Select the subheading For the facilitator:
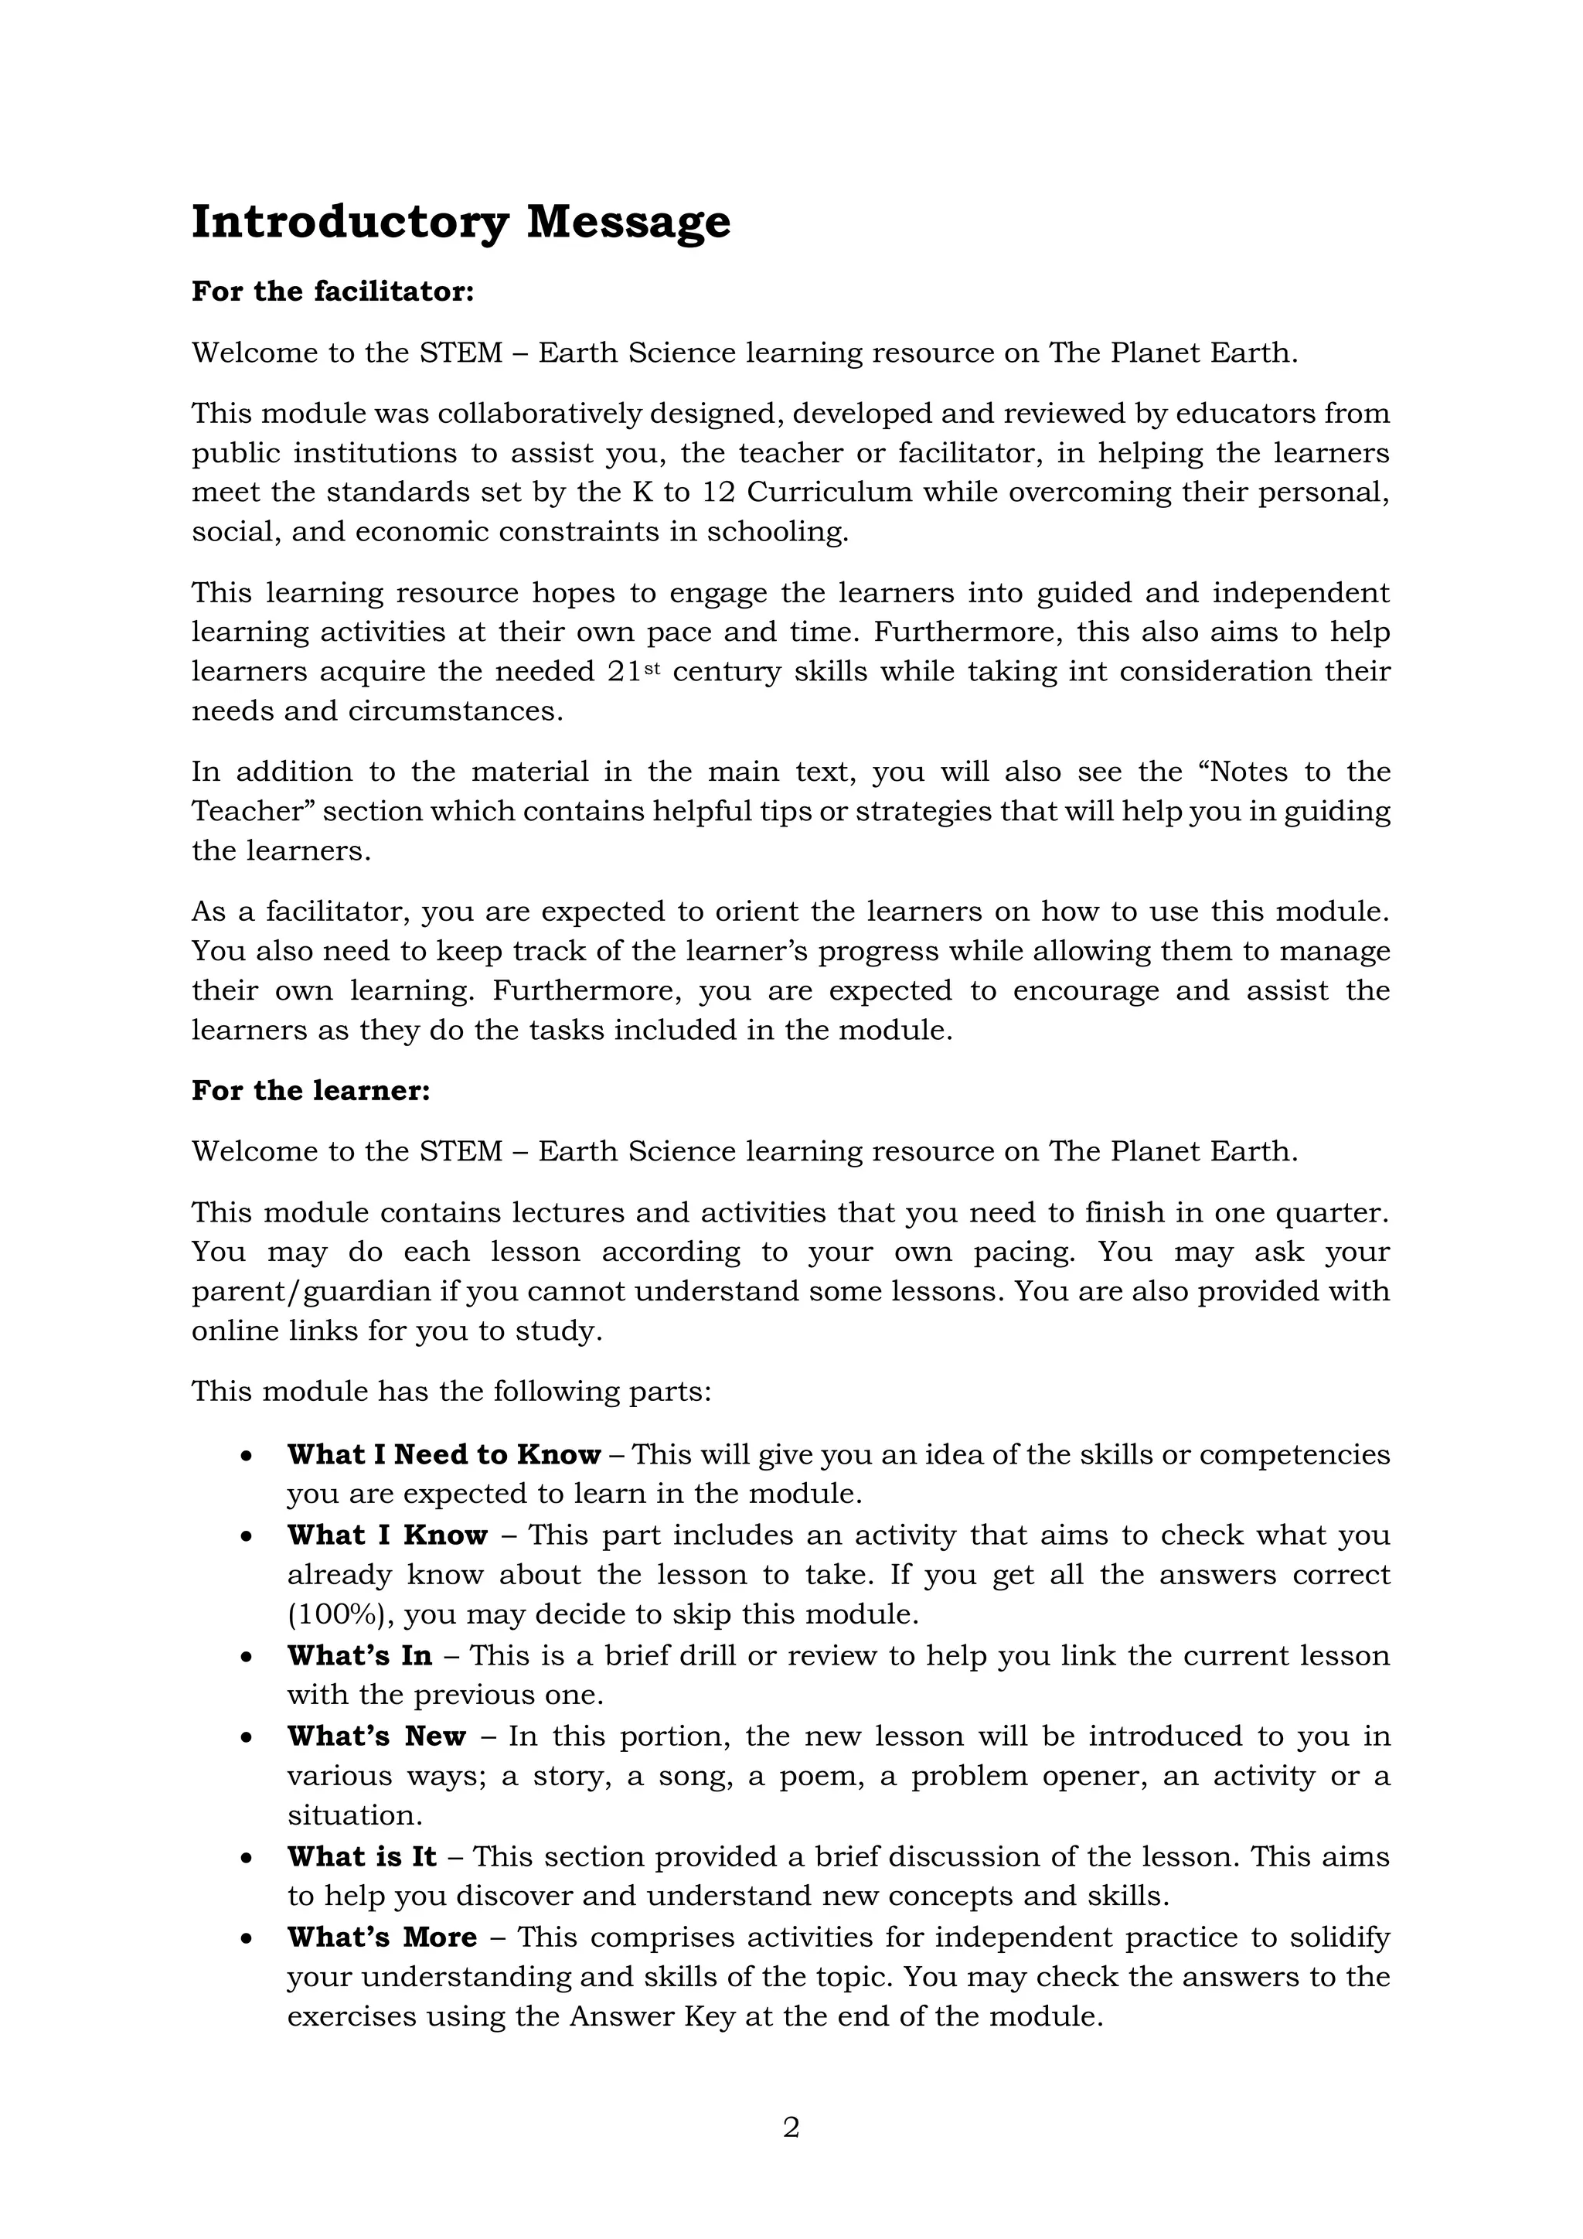pyautogui.click(x=332, y=291)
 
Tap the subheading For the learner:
pyautogui.click(x=310, y=1090)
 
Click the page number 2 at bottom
pyautogui.click(x=791, y=2127)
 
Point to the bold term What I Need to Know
pyautogui.click(x=444, y=1454)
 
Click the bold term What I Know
pyautogui.click(x=387, y=1535)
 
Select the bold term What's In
pyautogui.click(x=359, y=1655)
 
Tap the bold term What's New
pyautogui.click(x=376, y=1736)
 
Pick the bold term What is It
pyautogui.click(x=362, y=1856)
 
